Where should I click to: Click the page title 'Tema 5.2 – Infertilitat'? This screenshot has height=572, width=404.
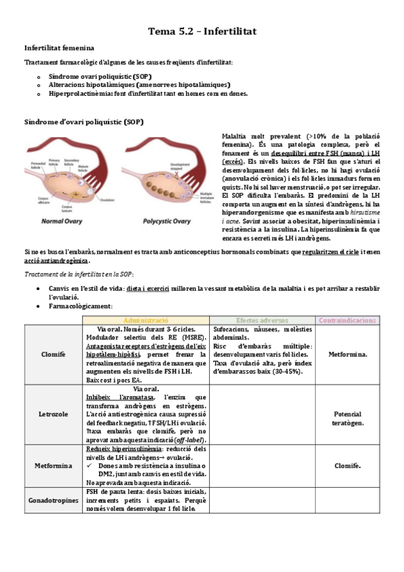[202, 32]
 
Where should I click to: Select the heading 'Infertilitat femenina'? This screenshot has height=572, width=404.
[59, 49]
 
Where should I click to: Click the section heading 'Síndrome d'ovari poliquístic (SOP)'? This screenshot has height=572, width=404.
[83, 122]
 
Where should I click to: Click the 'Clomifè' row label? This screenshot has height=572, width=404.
[53, 354]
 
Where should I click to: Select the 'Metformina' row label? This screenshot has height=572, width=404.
[53, 465]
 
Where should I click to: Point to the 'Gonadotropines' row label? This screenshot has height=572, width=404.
[53, 500]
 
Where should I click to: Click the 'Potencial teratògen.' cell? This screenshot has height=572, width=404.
[347, 418]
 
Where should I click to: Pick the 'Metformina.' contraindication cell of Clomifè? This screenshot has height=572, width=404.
[347, 354]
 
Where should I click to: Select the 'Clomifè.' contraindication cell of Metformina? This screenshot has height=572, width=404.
[347, 465]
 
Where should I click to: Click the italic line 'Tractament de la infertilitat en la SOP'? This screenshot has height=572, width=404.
[80, 274]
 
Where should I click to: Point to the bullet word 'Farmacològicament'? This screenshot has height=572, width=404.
[80, 306]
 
